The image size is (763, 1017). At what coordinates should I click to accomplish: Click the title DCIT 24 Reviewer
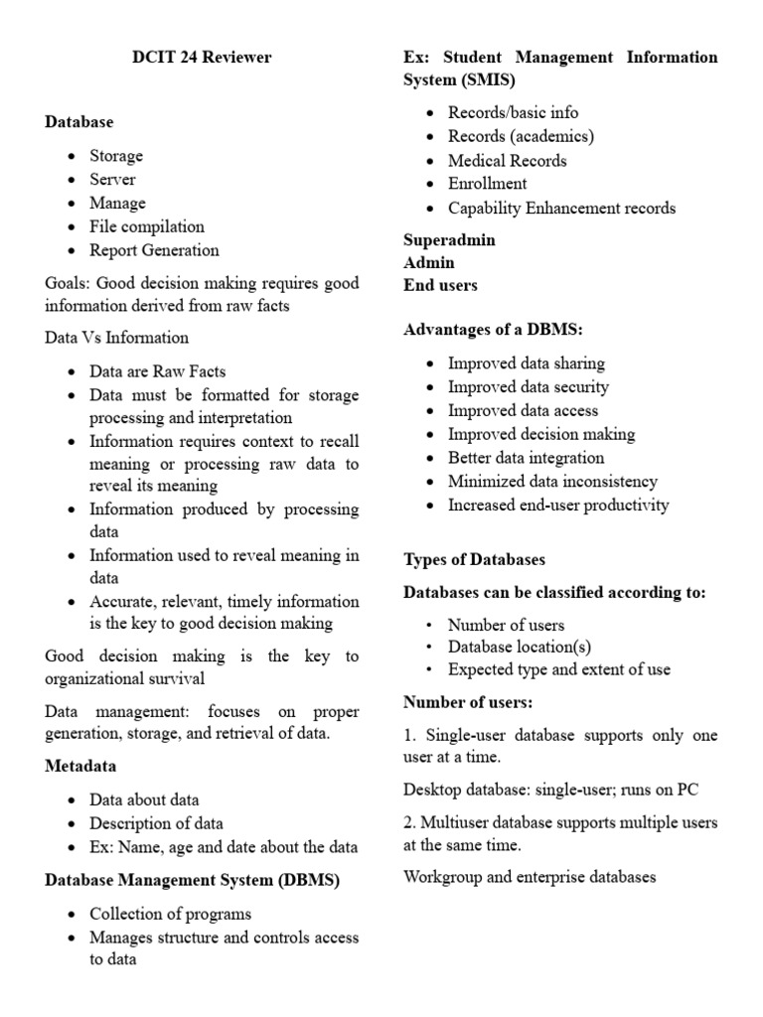click(x=202, y=57)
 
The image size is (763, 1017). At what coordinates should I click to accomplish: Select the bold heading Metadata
click(x=80, y=766)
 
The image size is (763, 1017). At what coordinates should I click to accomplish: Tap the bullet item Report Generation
click(x=154, y=250)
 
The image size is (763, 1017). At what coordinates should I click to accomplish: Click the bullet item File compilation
click(x=147, y=226)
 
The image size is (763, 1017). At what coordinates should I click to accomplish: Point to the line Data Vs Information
click(x=116, y=338)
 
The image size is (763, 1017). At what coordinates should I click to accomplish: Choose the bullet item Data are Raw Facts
click(x=157, y=371)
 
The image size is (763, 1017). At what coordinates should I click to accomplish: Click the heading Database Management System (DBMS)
click(x=193, y=880)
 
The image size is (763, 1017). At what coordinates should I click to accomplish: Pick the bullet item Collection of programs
click(x=170, y=914)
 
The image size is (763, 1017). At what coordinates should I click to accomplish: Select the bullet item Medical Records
click(x=507, y=160)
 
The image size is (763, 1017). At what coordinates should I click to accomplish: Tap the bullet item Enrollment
click(x=487, y=184)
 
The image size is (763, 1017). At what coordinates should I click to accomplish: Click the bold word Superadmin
click(x=449, y=240)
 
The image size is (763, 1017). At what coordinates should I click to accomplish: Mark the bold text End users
click(x=440, y=285)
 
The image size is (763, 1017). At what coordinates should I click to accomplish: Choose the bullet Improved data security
click(x=528, y=387)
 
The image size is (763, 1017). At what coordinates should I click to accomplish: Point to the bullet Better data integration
click(x=526, y=458)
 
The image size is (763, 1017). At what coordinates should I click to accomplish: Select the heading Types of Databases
click(x=474, y=559)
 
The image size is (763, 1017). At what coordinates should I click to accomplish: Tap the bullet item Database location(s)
click(x=520, y=648)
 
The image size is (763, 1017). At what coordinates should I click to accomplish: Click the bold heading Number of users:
click(x=468, y=702)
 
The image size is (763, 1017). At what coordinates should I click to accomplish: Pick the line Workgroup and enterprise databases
click(x=530, y=877)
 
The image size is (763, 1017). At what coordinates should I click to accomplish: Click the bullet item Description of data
click(x=156, y=823)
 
